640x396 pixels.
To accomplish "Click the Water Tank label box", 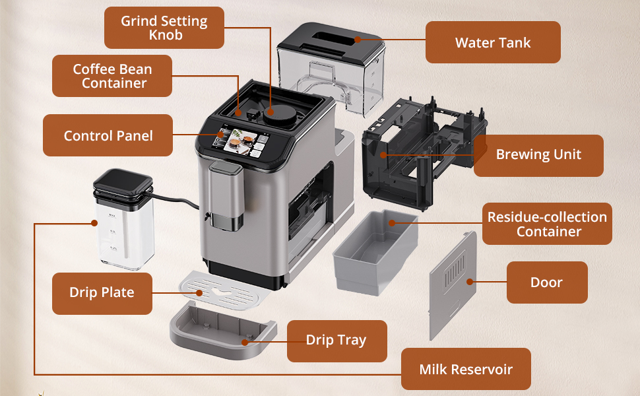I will [x=493, y=43].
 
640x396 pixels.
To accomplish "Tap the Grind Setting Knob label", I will [x=164, y=27].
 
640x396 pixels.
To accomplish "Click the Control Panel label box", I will [x=108, y=136].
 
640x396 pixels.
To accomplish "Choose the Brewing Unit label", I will [x=538, y=155].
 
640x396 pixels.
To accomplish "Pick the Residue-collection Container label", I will [x=547, y=224].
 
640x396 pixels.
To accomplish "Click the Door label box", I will [x=546, y=282].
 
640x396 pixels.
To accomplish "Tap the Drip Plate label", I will [x=102, y=292].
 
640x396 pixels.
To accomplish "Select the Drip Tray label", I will [x=336, y=341].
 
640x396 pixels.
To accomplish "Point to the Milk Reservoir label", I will [x=466, y=370].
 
